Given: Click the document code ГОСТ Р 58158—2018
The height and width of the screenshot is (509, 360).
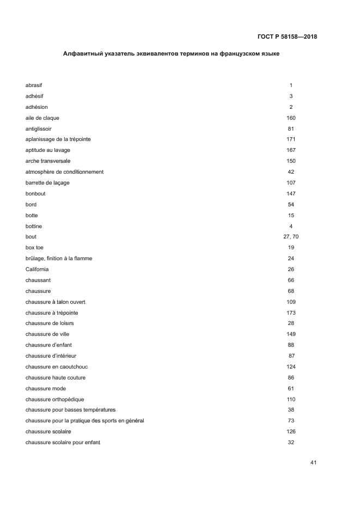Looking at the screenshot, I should [287, 37].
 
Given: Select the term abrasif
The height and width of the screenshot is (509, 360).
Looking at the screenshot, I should [34, 85].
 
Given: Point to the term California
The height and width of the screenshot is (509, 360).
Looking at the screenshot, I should [37, 269].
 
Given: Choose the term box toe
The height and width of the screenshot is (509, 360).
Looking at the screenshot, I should [35, 248].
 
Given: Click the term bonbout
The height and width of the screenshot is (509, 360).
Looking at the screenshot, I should [36, 194].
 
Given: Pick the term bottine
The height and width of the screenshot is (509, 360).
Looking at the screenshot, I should [34, 226].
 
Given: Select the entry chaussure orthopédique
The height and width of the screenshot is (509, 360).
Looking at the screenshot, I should [54, 399].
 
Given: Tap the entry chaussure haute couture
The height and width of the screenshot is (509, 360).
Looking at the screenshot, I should [56, 377].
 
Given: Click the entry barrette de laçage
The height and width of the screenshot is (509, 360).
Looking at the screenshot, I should [47, 183].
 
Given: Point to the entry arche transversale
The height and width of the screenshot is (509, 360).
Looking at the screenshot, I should [48, 161].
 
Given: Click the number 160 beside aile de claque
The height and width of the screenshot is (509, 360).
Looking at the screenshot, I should [291, 118].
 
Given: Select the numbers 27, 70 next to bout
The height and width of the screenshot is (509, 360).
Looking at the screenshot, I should [291, 237].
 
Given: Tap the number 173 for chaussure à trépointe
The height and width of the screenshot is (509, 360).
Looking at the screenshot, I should [291, 312].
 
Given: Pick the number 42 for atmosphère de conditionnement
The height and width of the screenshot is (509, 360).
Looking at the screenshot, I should [291, 172].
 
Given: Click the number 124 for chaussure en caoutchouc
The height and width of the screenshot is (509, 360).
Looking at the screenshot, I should [291, 366].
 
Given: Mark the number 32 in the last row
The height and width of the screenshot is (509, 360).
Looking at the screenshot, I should [291, 442].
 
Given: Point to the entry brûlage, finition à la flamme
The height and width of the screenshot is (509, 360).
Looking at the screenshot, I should [59, 259].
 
